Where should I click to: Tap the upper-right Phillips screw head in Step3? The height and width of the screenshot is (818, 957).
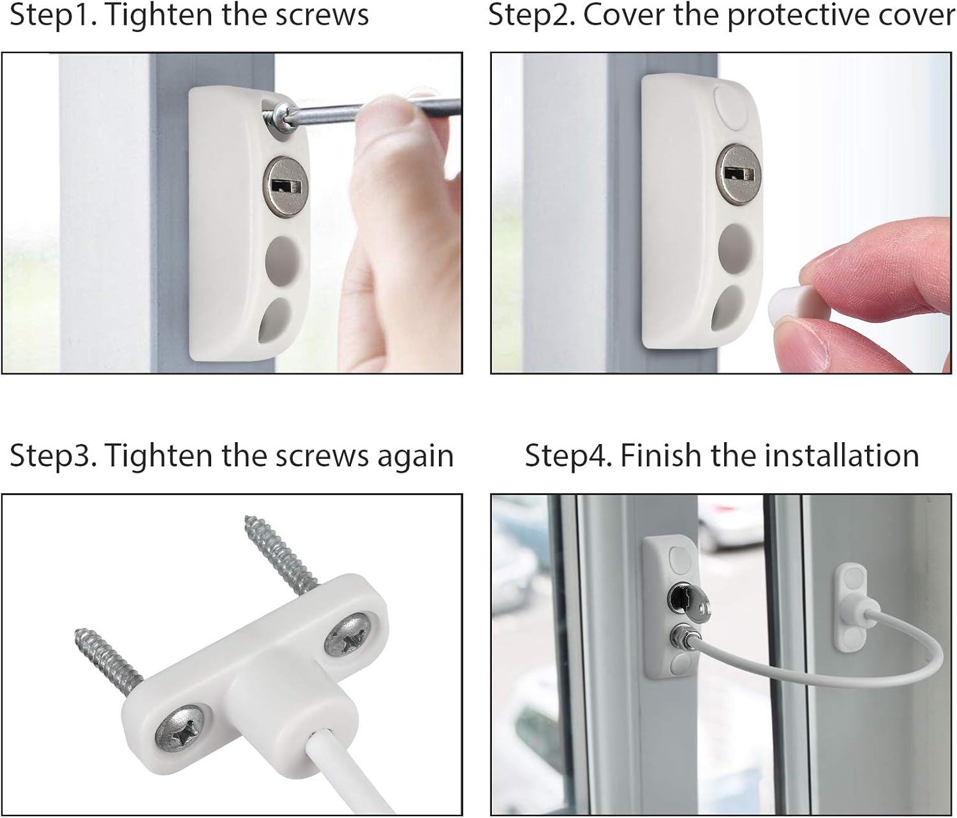[348, 632]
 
